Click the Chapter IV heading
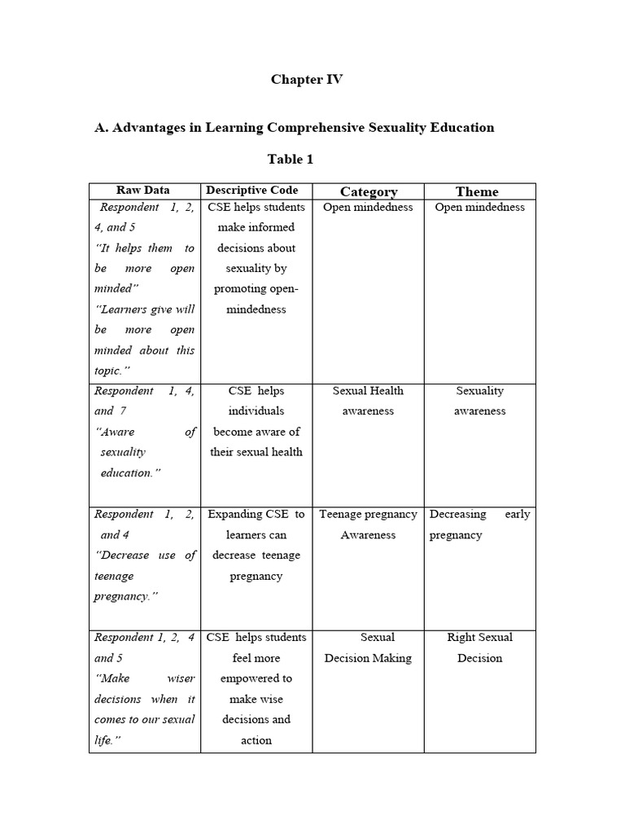307,80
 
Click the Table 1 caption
291,159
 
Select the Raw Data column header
143,191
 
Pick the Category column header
369,192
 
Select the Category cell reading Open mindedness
368,207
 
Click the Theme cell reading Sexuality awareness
480,401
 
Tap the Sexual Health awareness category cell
368,401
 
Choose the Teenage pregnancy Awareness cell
368,525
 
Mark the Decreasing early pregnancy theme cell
479,525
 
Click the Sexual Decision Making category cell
368,647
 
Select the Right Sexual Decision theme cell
480,647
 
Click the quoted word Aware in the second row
116,432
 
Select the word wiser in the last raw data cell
180,678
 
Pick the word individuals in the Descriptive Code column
256,411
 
